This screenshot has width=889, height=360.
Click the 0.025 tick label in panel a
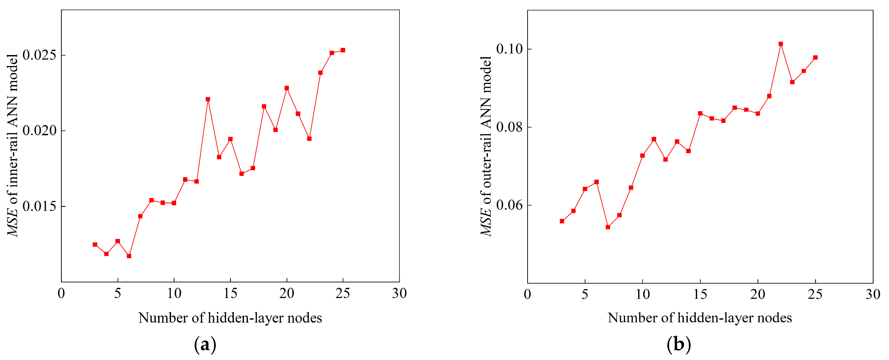[x=39, y=55]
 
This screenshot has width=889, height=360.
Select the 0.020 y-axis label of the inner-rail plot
[x=39, y=131]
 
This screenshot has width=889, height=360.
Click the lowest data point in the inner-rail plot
[x=129, y=256]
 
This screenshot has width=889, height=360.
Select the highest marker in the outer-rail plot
[x=781, y=44]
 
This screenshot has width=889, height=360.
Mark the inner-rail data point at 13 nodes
[x=208, y=99]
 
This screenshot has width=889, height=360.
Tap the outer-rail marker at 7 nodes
[x=608, y=227]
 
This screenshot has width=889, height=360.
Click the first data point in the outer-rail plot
[x=562, y=221]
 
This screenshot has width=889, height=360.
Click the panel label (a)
[x=205, y=344]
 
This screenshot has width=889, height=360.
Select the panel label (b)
[x=678, y=344]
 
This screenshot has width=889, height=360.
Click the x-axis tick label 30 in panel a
[x=399, y=294]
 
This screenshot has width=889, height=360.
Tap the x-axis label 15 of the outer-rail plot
[x=700, y=295]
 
